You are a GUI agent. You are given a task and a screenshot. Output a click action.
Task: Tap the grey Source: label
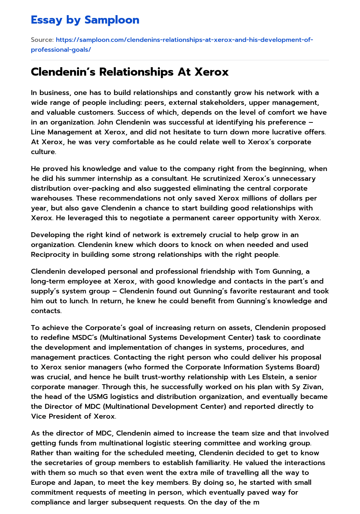point(42,40)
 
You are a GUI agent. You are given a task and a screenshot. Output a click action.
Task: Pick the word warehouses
point(51,198)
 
